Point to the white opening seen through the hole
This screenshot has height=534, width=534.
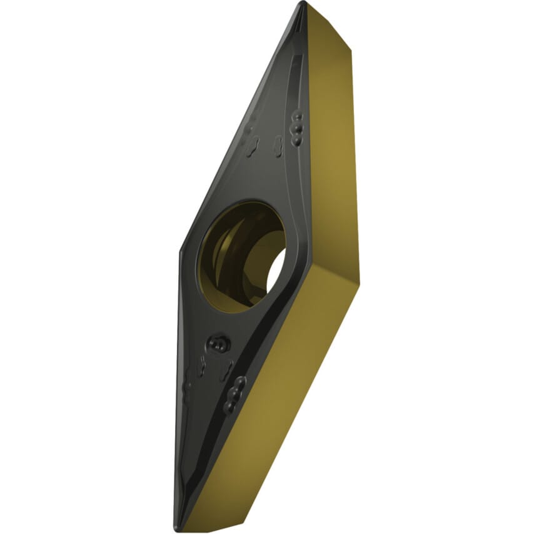(x=275, y=275)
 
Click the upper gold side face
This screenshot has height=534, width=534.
(x=331, y=138)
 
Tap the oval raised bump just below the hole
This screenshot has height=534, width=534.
(x=218, y=343)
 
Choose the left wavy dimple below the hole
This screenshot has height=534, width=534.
(x=201, y=366)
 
